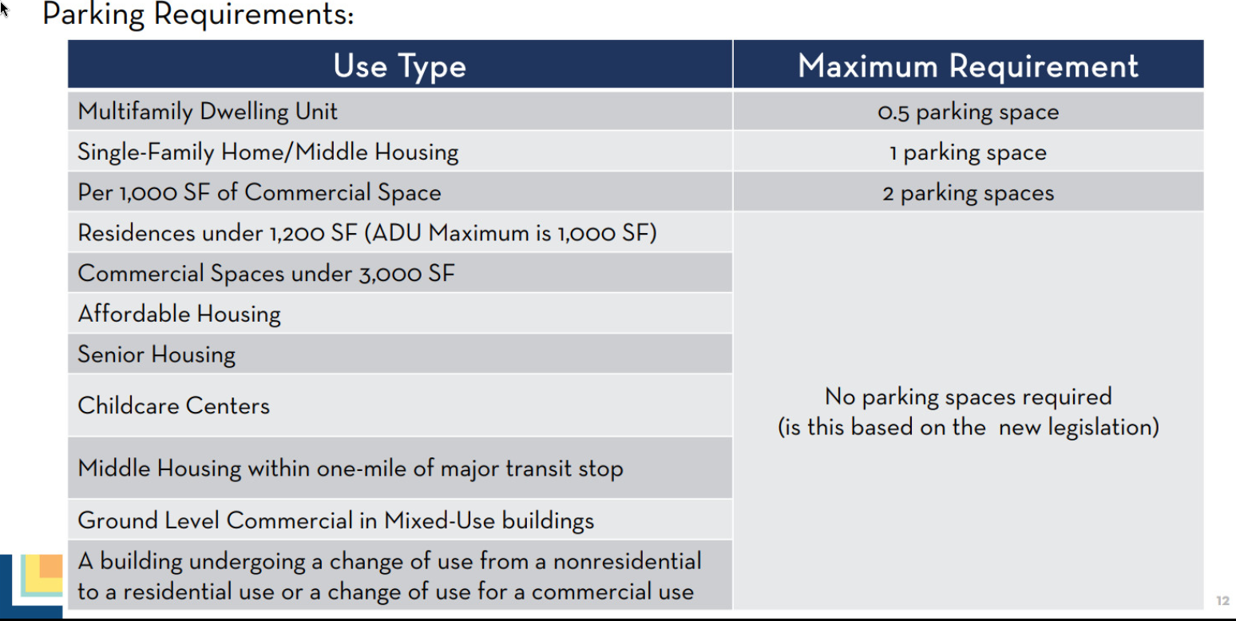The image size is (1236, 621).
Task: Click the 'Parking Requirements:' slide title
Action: (197, 14)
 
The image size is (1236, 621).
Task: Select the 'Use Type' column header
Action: (399, 66)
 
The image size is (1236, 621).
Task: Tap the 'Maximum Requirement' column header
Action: (968, 65)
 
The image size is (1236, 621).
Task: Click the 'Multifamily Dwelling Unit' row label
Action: (208, 112)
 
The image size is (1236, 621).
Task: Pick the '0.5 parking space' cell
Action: (968, 112)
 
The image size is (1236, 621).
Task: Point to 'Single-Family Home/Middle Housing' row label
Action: (268, 152)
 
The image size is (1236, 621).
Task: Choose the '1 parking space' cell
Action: (968, 152)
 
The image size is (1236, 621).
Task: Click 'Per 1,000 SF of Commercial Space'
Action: (259, 192)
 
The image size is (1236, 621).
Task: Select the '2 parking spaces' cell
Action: (968, 193)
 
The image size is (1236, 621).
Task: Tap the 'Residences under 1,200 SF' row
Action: (367, 233)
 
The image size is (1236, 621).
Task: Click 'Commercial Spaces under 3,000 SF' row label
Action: (266, 273)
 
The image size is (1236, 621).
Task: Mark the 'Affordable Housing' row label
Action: (180, 314)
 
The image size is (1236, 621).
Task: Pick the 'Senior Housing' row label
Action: (156, 354)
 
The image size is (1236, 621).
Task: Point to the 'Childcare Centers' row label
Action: (174, 406)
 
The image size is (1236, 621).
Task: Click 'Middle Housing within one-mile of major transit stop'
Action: (351, 469)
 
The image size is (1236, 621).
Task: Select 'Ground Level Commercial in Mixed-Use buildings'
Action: (336, 520)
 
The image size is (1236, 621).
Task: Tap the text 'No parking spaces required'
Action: (968, 397)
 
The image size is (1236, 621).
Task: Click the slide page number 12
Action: (1222, 600)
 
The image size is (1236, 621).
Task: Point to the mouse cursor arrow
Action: (5, 9)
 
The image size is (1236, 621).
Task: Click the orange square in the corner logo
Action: (51, 566)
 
